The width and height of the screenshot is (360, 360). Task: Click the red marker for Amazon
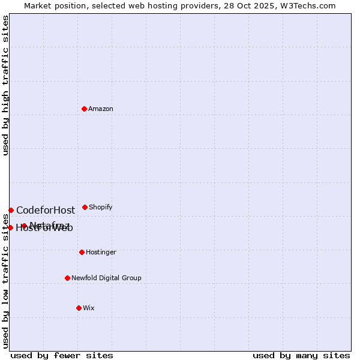pos(84,109)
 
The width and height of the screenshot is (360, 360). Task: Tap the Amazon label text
pos(101,109)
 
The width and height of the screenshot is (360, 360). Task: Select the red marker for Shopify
pos(85,207)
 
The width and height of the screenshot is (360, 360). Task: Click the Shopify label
pos(101,207)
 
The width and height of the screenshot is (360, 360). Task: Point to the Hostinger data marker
pos(82,252)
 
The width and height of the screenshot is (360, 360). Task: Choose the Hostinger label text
pos(101,252)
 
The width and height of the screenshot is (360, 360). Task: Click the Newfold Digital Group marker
pos(67,278)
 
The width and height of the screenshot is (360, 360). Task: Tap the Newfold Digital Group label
pos(106,278)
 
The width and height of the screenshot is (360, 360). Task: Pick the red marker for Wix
pos(79,308)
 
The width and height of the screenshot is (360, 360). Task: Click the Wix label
pos(89,308)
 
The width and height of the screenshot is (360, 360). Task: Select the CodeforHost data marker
pos(11,210)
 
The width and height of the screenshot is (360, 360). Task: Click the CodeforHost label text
pos(46,210)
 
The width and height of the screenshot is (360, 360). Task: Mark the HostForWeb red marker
pos(10,227)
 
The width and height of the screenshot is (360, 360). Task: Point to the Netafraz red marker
pos(24,226)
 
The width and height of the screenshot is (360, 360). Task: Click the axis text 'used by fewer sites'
pos(62,355)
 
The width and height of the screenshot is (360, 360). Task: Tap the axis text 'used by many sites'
pos(301,355)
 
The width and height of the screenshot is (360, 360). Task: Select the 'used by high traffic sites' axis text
pos(5,85)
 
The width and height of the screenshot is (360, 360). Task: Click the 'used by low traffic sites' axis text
pos(5,281)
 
